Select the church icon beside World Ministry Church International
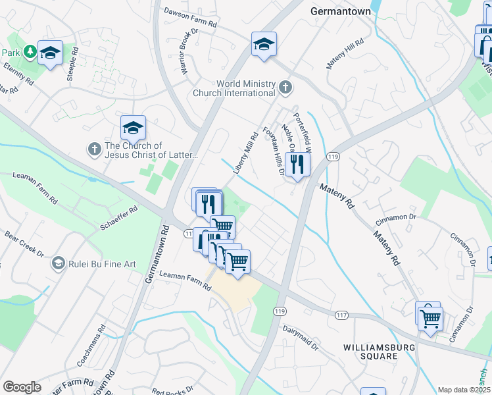click(x=285, y=87)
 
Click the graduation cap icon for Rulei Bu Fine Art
click(x=59, y=264)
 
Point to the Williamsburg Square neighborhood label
click(x=370, y=351)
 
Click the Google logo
click(x=22, y=387)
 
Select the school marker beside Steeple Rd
click(x=50, y=53)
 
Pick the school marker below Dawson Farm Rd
click(x=264, y=44)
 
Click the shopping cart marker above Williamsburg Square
click(x=430, y=319)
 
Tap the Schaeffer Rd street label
click(x=118, y=218)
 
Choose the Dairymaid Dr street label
click(x=301, y=336)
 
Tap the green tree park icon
click(x=29, y=51)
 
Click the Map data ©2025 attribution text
click(x=464, y=390)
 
